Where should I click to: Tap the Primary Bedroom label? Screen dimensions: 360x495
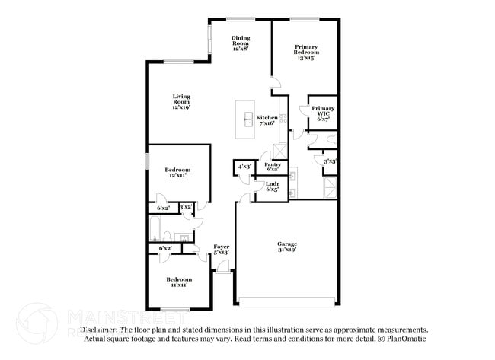tap(305, 51)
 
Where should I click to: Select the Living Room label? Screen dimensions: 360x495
tap(181, 101)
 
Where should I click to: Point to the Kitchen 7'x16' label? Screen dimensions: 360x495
tap(267, 120)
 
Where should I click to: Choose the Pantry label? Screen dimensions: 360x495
tap(272, 167)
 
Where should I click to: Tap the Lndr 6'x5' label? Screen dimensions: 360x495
tap(271, 186)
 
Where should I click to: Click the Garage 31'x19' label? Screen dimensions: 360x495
tap(286, 247)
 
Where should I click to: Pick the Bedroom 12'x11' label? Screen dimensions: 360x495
tap(177, 172)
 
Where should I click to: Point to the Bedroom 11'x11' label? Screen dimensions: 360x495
tap(180, 282)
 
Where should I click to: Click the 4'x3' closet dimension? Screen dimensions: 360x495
tap(244, 165)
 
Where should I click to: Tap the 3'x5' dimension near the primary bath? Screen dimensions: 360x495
tap(330, 161)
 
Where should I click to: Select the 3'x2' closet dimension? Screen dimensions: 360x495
tap(186, 207)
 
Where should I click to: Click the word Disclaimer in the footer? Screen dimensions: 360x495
tap(99, 330)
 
